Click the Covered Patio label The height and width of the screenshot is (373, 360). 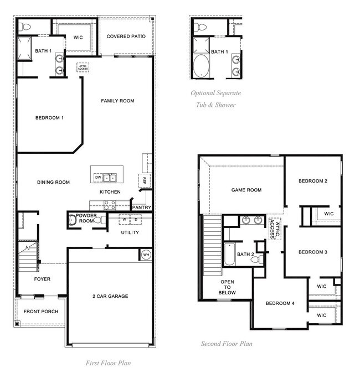pyautogui.click(x=126, y=37)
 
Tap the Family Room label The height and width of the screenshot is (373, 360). pyautogui.click(x=117, y=101)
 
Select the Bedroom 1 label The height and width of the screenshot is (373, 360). pyautogui.click(x=49, y=118)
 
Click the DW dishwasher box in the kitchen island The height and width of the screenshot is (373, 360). pyautogui.click(x=98, y=178)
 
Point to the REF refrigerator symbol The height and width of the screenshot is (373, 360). pyautogui.click(x=143, y=180)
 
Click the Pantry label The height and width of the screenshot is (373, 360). pyautogui.click(x=142, y=208)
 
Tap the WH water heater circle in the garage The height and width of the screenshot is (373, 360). pyautogui.click(x=146, y=255)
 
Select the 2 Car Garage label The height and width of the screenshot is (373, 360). pyautogui.click(x=110, y=297)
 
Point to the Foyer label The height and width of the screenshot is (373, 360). pyautogui.click(x=42, y=279)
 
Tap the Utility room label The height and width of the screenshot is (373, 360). pyautogui.click(x=130, y=232)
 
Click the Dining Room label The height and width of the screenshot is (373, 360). pyautogui.click(x=53, y=182)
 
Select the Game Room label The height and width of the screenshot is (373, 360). pyautogui.click(x=246, y=190)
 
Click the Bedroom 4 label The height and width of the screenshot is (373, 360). pyautogui.click(x=280, y=303)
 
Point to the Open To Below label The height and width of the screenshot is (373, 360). pyautogui.click(x=227, y=287)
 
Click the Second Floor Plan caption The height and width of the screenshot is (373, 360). pyautogui.click(x=227, y=344)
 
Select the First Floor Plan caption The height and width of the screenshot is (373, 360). pyautogui.click(x=108, y=363)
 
